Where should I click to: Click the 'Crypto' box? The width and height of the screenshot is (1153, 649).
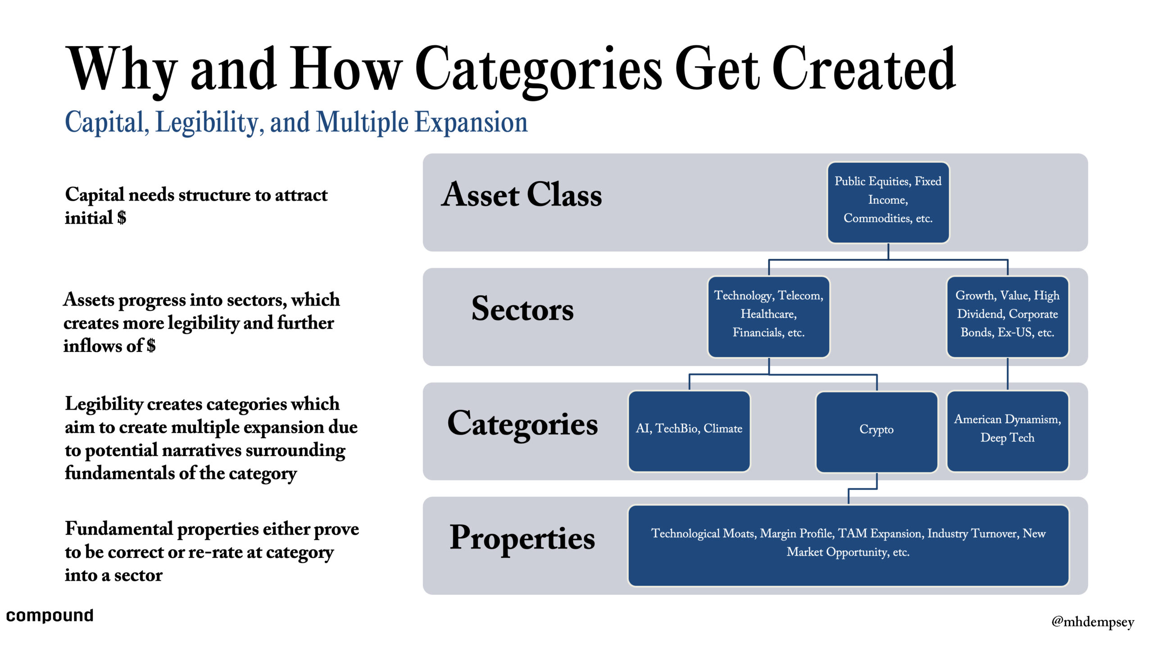876,432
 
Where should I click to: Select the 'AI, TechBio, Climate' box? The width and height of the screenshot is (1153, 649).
689,431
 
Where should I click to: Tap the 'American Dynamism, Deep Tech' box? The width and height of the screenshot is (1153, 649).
1008,431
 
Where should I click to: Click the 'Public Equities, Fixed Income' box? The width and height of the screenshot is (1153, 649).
888,202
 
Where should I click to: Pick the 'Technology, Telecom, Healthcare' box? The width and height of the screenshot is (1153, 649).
768,317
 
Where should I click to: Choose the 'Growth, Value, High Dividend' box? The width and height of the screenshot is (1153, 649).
1008,317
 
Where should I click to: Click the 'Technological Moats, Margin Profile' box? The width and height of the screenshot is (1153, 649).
849,546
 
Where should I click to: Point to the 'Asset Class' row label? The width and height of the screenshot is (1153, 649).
522,194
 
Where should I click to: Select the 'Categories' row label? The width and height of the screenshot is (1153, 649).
522,425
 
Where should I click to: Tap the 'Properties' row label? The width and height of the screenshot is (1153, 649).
522,539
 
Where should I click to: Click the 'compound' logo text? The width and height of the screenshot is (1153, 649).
50,616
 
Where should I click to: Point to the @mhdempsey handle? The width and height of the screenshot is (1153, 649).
1093,622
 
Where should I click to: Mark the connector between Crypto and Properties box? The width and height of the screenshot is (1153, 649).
862,489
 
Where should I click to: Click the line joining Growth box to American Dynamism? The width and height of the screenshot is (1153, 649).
1008,374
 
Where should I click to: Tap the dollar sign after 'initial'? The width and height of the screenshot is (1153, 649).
122,218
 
